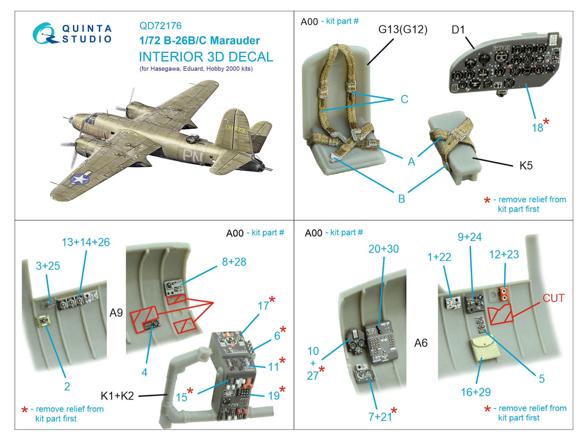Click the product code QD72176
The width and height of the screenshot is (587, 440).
pos(160,26)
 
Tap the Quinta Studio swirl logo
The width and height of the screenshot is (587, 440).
pos(45,34)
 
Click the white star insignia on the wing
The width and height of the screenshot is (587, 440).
pos(80,179)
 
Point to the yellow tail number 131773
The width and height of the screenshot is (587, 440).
pos(235,128)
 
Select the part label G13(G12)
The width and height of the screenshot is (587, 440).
pos(403,29)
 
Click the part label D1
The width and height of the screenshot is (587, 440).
pos(458,30)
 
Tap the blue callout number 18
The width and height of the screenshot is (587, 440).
pos(537,128)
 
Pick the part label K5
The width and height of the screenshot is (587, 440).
pos(526,166)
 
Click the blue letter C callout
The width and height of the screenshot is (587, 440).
pos(404,99)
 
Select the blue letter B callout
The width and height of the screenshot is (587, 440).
pos(402,199)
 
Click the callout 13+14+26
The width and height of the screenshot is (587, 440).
pos(85,242)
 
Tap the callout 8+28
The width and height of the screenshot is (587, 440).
pos(234,262)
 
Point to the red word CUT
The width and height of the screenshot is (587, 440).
pos(553,298)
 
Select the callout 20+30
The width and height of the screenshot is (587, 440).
pos(383,249)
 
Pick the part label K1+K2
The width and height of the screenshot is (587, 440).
pos(117,396)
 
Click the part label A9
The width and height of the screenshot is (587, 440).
pos(116,313)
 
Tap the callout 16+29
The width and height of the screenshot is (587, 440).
pos(475,392)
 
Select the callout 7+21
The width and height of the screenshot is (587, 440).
pos(380,417)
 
